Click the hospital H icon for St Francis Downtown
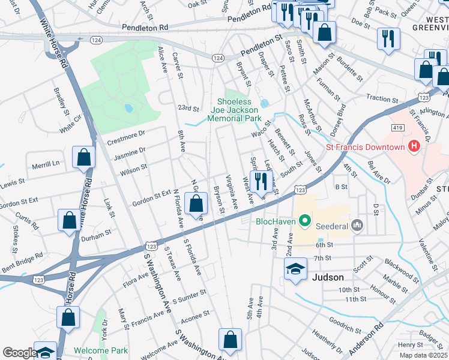[413, 146]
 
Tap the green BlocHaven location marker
[305, 221]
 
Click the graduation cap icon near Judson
[295, 269]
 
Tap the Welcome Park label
[101, 350]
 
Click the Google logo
[19, 353]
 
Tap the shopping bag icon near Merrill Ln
[83, 158]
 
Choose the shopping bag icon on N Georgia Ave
[196, 205]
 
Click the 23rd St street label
[188, 109]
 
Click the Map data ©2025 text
[424, 355]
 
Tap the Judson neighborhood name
[328, 277]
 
